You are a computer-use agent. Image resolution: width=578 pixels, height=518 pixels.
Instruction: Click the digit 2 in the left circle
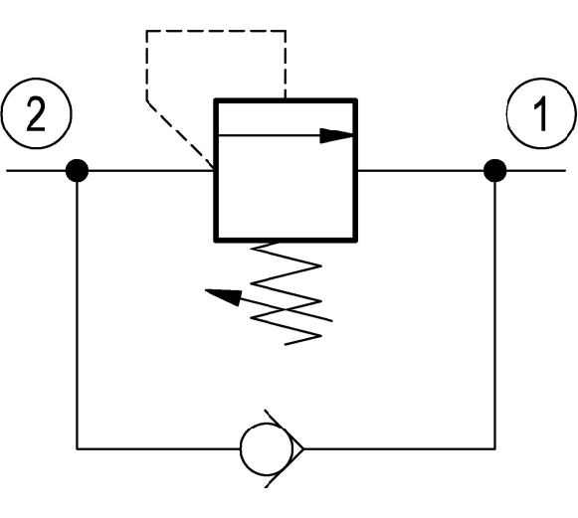[x=36, y=114]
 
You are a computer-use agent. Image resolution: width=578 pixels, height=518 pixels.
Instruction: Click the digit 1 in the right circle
[x=541, y=114]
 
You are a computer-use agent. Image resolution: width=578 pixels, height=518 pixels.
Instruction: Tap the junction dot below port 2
[x=77, y=171]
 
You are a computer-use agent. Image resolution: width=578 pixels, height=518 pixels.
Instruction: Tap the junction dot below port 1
[x=494, y=171]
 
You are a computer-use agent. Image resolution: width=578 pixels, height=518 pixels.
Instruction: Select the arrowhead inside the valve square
[x=336, y=135]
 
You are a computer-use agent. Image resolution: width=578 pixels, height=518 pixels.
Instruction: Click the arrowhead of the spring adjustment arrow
[x=224, y=297]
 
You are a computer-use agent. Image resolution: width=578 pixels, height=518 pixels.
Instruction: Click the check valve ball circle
[x=267, y=448]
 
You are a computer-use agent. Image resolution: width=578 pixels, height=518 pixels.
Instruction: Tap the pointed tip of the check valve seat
[x=303, y=448]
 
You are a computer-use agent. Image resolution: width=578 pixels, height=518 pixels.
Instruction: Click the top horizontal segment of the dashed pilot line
[x=216, y=31]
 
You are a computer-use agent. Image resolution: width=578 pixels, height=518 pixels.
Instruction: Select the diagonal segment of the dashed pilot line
[x=181, y=135]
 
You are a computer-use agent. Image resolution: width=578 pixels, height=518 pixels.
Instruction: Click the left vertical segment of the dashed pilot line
[x=147, y=66]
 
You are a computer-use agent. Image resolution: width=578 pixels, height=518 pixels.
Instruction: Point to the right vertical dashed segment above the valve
[x=285, y=65]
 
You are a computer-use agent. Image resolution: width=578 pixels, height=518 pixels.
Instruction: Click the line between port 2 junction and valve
[x=151, y=171]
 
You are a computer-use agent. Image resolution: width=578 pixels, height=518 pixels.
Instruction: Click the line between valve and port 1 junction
[x=420, y=171]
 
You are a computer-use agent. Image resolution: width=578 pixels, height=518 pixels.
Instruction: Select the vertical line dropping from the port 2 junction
[x=77, y=315]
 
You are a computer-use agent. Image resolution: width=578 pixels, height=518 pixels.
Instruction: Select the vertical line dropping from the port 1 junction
[x=494, y=315]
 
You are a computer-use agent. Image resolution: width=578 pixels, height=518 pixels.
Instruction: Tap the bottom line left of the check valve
[x=158, y=448]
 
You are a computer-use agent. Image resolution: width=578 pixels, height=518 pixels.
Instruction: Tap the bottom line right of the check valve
[x=399, y=448]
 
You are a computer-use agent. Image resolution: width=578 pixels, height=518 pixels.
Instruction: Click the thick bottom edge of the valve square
[x=286, y=240]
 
